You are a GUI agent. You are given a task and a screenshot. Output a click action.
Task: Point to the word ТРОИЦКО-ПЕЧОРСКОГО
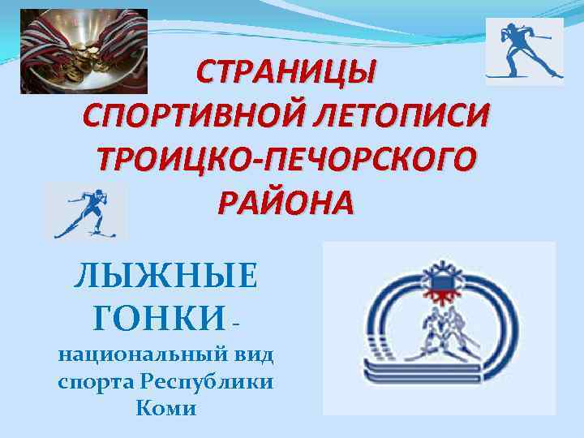[x=286, y=158]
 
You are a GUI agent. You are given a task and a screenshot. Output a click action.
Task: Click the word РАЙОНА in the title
[x=286, y=200]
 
